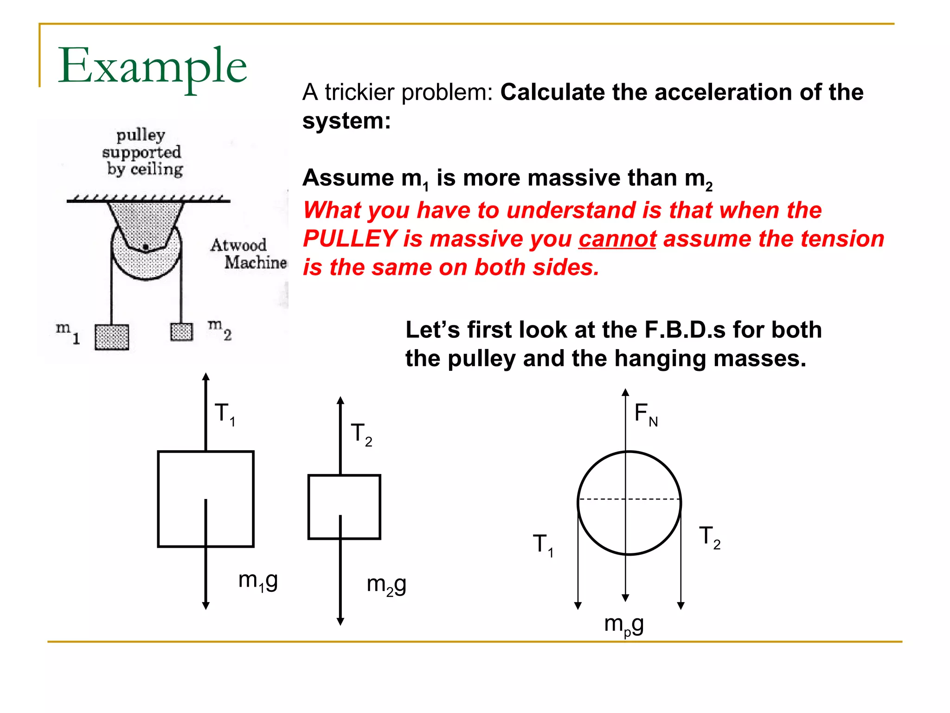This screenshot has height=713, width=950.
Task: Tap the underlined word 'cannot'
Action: (x=617, y=239)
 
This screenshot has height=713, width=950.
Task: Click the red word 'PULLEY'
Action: (x=350, y=239)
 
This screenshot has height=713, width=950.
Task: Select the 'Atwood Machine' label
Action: (x=248, y=253)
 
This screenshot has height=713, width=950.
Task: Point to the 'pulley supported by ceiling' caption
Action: (x=142, y=152)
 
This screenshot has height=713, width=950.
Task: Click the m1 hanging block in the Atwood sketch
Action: (x=112, y=337)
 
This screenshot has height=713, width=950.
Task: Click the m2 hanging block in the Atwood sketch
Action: (x=181, y=331)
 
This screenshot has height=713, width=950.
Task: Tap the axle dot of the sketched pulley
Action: (x=146, y=247)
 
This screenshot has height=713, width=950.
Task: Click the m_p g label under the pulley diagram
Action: (x=624, y=625)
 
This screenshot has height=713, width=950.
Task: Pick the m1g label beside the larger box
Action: (x=258, y=581)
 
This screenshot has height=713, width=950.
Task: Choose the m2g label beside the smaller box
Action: (x=386, y=585)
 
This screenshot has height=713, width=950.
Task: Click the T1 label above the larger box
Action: (x=225, y=414)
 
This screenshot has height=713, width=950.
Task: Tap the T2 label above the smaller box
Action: (x=361, y=434)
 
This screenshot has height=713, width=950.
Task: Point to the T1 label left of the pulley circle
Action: (x=543, y=544)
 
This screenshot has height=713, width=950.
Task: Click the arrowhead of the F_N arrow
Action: (x=625, y=392)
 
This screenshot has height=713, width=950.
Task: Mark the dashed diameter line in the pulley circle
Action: (x=603, y=499)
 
